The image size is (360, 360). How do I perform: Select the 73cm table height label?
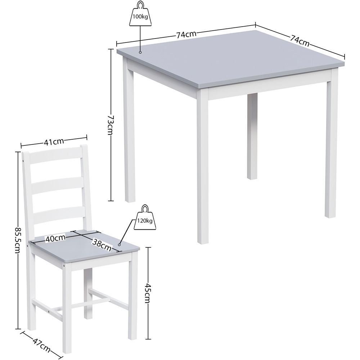(110, 125)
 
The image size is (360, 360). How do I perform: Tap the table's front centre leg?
(202, 166)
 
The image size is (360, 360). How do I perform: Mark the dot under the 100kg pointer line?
(141, 53)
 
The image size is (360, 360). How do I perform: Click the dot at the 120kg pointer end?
(119, 244)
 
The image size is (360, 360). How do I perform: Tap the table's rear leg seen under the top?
(252, 137)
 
